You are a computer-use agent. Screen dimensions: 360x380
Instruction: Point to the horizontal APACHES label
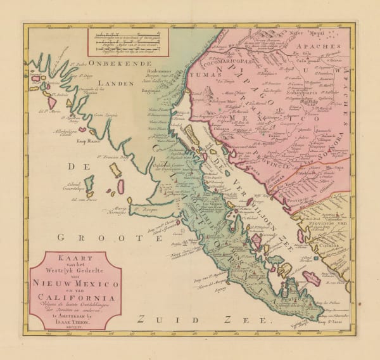point(324,47)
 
